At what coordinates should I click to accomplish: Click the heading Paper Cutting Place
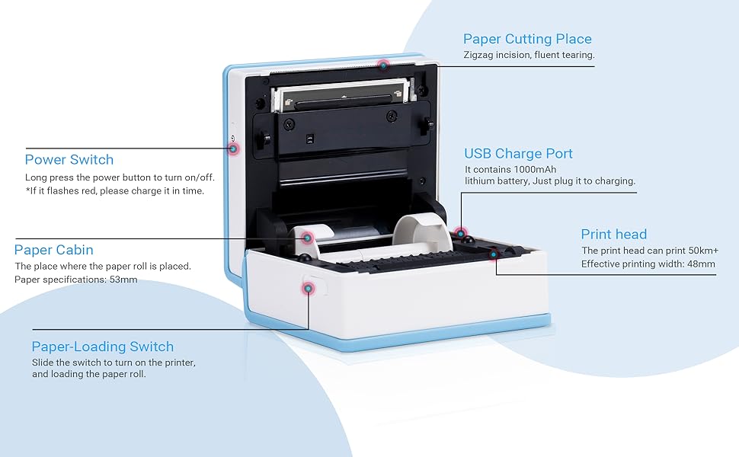pyautogui.click(x=527, y=39)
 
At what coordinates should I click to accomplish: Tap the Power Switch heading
pyautogui.click(x=69, y=159)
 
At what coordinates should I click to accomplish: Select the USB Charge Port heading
pyautogui.click(x=518, y=154)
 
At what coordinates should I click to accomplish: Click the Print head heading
pyautogui.click(x=613, y=235)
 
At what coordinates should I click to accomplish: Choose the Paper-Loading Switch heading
pyautogui.click(x=102, y=347)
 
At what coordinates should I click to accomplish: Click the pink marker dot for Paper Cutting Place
pyautogui.click(x=384, y=65)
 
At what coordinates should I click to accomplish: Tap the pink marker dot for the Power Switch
pyautogui.click(x=233, y=149)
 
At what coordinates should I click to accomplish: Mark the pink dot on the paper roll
pyautogui.click(x=307, y=238)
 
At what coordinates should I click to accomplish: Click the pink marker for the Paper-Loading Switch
pyautogui.click(x=308, y=288)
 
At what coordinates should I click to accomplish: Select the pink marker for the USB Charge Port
pyautogui.click(x=459, y=233)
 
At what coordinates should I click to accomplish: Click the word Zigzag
pyautogui.click(x=479, y=55)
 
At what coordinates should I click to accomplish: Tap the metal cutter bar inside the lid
pyautogui.click(x=339, y=94)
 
